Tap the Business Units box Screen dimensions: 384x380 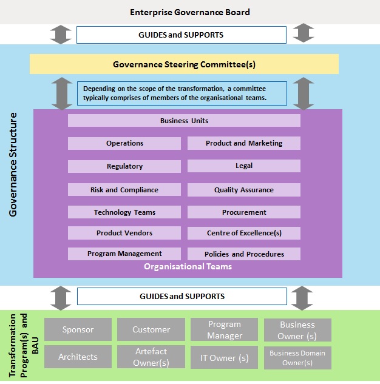pos(184,121)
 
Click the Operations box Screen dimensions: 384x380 pos(124,143)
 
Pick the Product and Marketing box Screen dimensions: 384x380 pos(244,143)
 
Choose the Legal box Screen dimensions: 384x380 pos(244,166)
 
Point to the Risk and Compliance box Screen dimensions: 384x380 pos(124,190)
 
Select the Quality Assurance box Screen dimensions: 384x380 pos(244,190)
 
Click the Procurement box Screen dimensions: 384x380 pos(244,212)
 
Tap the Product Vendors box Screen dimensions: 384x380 pos(124,233)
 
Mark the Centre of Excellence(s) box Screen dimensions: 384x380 pos(244,233)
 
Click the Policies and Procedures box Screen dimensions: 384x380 pos(244,254)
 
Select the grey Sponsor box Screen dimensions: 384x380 pos(78,329)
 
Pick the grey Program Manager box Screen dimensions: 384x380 pos(225,329)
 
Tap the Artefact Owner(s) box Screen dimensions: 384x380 pos(151,357)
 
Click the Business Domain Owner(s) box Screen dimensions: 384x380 pos(297,358)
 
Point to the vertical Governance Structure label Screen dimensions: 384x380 pos(13,164)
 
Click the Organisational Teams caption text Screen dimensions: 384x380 pos(188,266)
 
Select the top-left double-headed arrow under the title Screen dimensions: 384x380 pos(61,34)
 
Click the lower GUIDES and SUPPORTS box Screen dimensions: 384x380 pos(182,296)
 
